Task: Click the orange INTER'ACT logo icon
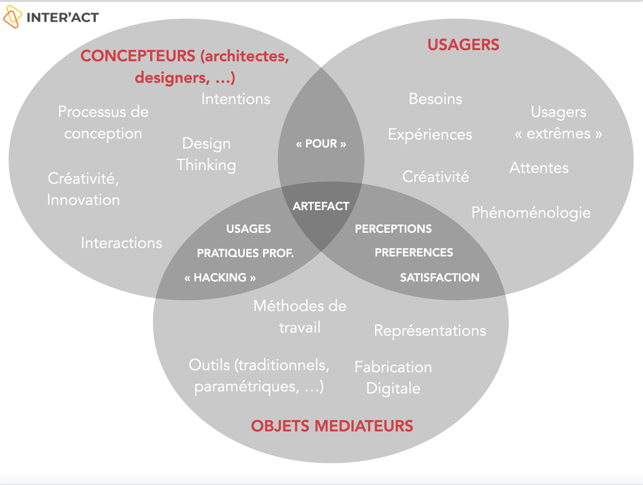12,17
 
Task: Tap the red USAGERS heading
463,45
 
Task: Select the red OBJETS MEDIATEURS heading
332,426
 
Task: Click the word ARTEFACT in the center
321,206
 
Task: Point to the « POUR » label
321,144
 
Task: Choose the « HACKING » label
220,278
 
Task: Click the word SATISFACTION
440,278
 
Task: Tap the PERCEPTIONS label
393,229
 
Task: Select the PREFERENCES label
414,253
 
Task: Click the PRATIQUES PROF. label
245,253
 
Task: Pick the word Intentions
236,99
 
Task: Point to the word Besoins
435,99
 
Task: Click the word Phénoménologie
531,213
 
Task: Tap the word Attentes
539,168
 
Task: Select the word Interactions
121,243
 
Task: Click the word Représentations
430,331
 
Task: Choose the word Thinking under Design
206,165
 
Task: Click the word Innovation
83,200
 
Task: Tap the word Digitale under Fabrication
393,389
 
